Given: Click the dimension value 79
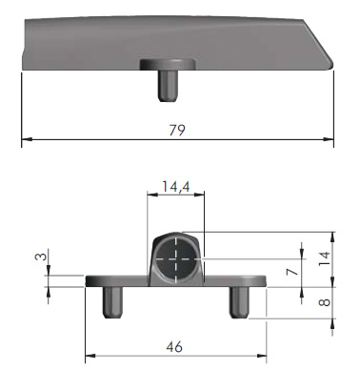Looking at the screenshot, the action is pos(177,130).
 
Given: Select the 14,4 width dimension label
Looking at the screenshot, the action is pos(176,187).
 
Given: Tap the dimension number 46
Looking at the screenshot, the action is pos(174,346).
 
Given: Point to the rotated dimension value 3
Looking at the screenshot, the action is pos(41,256).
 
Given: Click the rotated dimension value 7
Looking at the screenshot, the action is pos(292,272).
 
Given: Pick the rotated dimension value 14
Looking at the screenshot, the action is pos(325,258).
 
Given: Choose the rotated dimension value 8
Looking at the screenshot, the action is pos(325,301).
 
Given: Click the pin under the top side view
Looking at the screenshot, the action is pos(168,86).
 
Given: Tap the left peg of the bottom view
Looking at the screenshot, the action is pos(113,302).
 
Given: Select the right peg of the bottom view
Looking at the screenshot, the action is pos(239,302).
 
